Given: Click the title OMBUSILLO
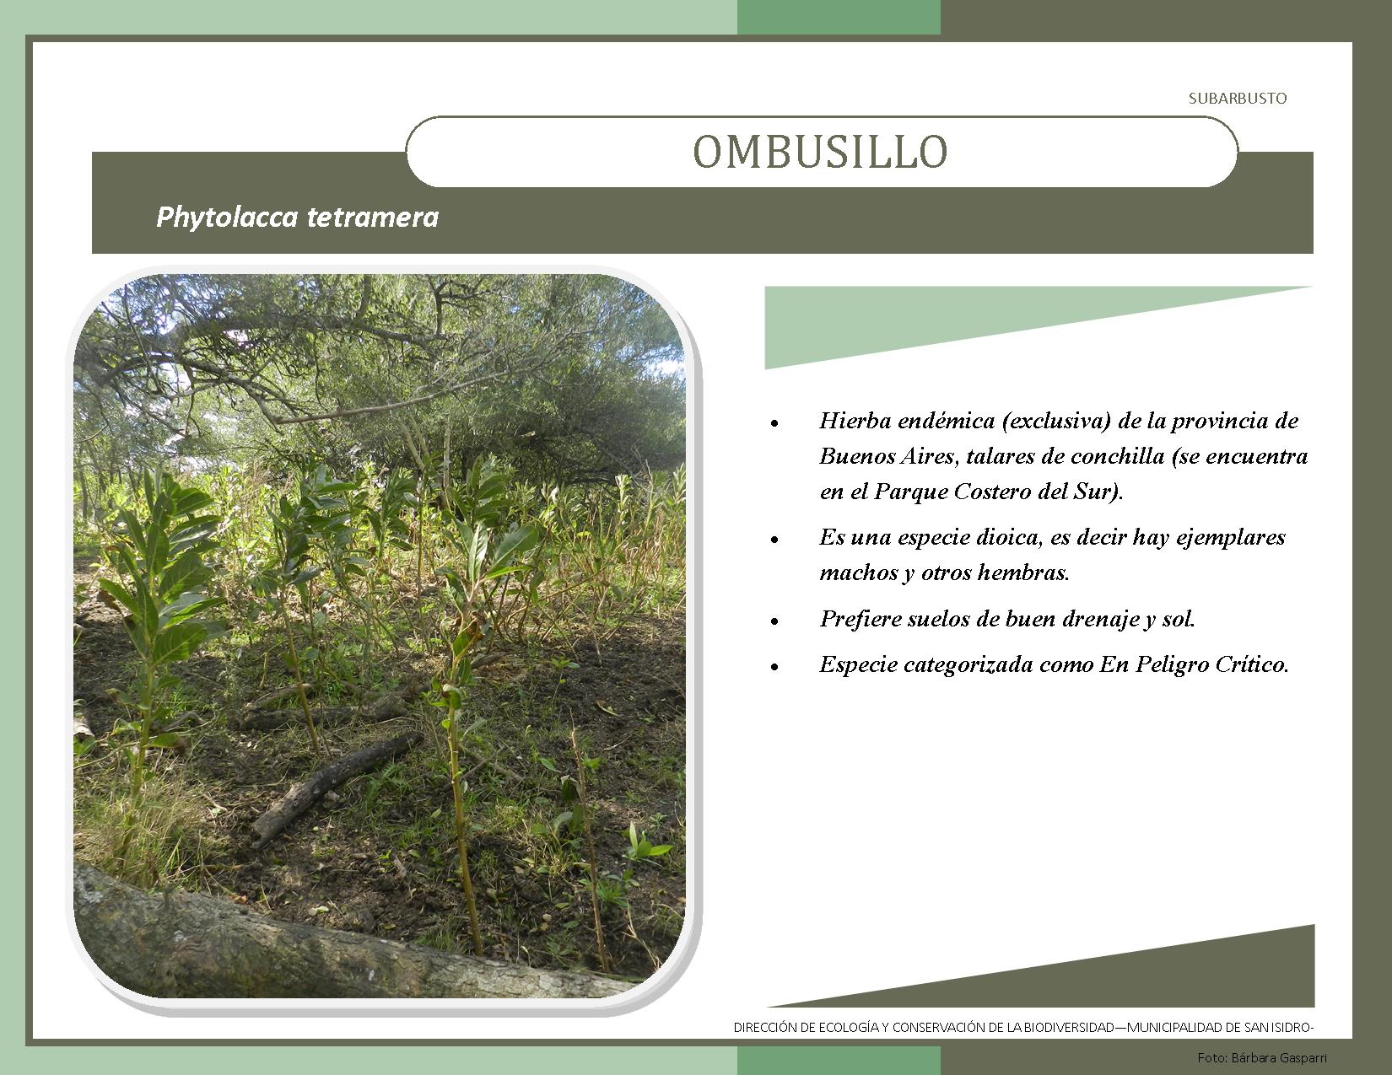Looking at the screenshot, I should [x=820, y=152].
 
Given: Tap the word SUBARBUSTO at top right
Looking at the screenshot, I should [x=1238, y=99].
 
